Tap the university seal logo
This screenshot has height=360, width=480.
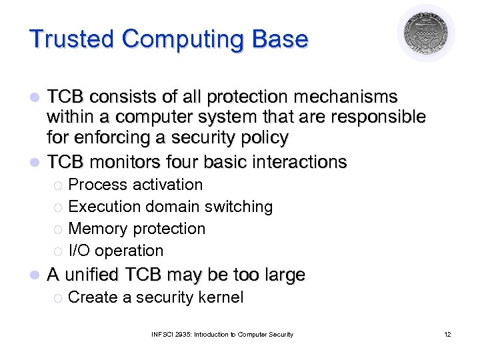pyautogui.click(x=426, y=33)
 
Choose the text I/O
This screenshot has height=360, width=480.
pyautogui.click(x=79, y=251)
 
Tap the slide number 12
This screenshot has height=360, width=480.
pyautogui.click(x=447, y=334)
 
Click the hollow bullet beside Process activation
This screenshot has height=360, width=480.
pyautogui.click(x=58, y=185)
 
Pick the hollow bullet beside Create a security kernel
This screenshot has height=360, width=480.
pyautogui.click(x=58, y=298)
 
